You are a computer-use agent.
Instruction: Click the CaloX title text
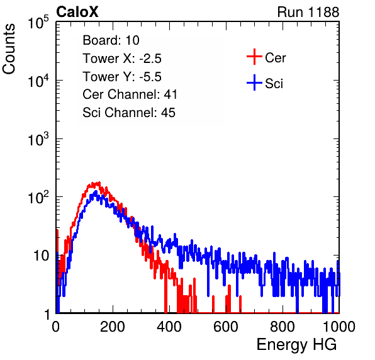(x=77, y=12)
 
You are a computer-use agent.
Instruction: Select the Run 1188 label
(x=308, y=12)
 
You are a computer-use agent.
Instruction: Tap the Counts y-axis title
(x=9, y=49)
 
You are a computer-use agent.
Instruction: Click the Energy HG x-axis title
(x=296, y=345)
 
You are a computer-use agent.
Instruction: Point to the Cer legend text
(x=275, y=58)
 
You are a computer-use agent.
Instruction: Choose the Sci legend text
(x=274, y=84)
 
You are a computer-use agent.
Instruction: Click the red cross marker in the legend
(x=254, y=57)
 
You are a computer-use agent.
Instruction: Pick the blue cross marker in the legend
(x=254, y=82)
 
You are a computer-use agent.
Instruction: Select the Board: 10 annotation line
(x=111, y=40)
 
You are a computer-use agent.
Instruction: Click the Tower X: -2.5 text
(x=122, y=59)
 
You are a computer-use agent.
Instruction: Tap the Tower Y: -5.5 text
(x=122, y=77)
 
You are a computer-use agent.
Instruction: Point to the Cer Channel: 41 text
(x=130, y=94)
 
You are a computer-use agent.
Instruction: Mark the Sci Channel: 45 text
(x=129, y=113)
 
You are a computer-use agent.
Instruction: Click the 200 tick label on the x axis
(x=113, y=327)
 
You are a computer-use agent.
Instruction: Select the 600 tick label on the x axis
(x=226, y=327)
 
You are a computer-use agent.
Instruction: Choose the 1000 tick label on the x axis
(x=339, y=327)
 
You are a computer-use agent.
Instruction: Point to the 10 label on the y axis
(x=42, y=256)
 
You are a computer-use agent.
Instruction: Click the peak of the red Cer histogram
(x=99, y=183)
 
